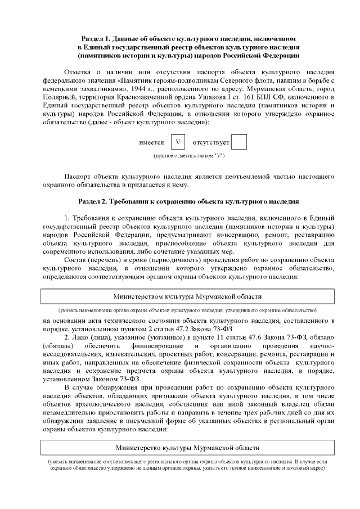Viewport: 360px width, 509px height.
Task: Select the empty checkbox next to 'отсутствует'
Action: [239, 142]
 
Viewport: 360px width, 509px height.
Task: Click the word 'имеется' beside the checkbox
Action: [151, 143]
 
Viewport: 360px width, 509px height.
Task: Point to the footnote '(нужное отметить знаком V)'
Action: [189, 155]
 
